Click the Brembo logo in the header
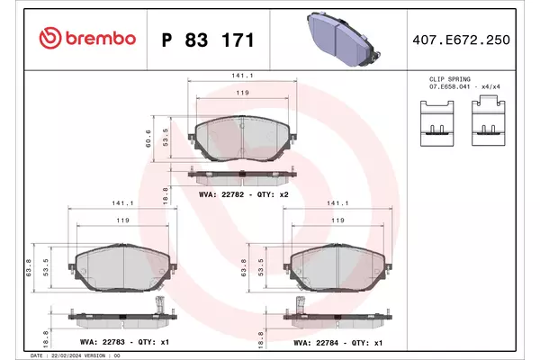[x=87, y=38]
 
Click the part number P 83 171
[x=208, y=40]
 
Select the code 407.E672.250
[x=461, y=40]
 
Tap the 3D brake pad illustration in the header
[x=343, y=39]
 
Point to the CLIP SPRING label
[x=449, y=79]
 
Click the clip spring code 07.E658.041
[x=449, y=86]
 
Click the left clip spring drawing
[x=437, y=123]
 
